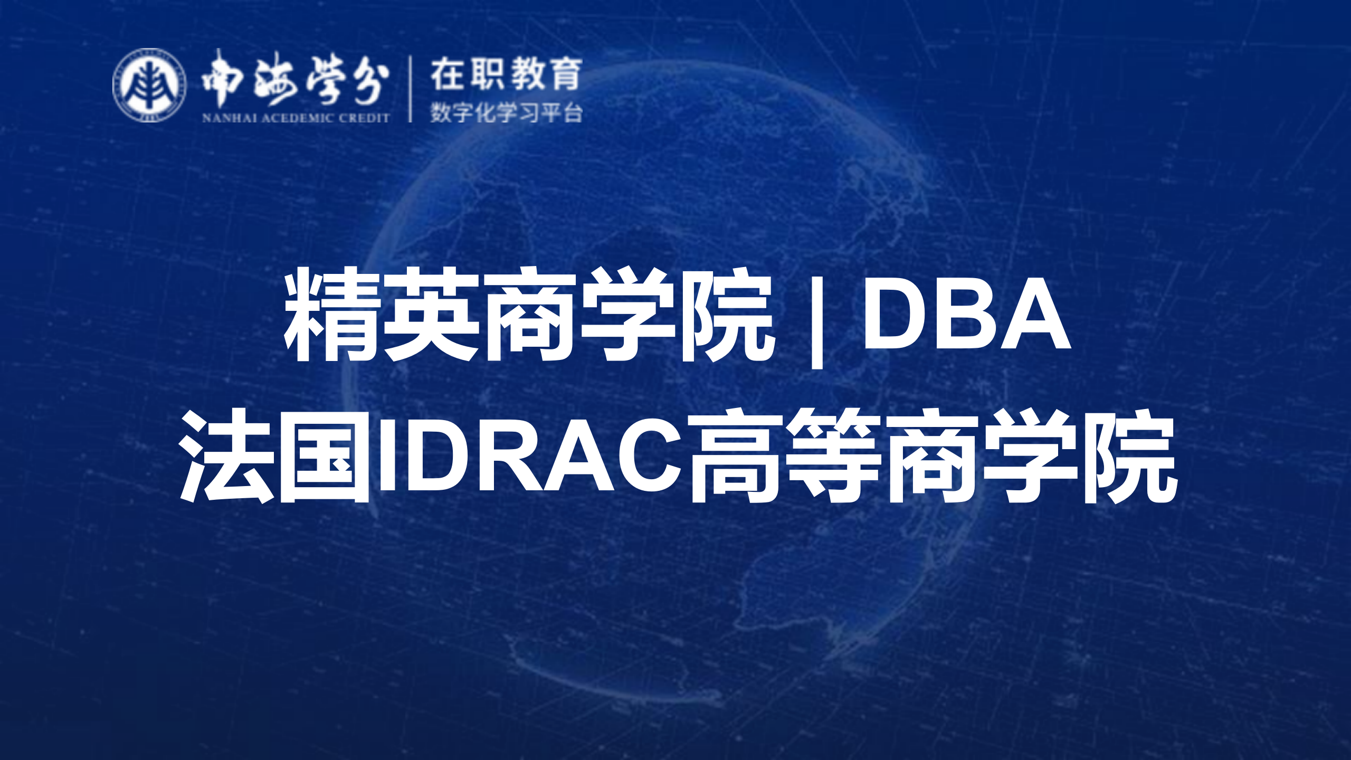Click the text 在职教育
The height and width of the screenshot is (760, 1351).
click(506, 74)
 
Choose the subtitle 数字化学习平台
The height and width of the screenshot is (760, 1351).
click(506, 112)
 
